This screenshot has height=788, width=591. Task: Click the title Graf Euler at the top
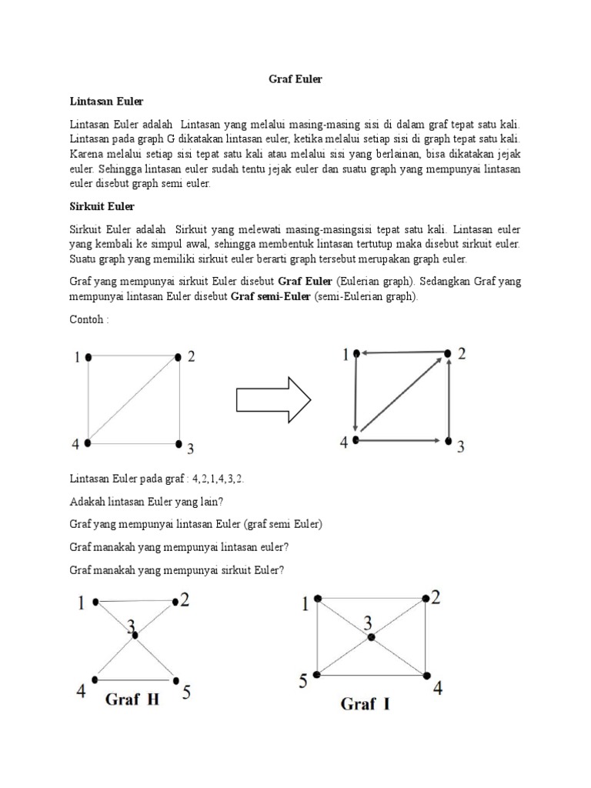[295, 79]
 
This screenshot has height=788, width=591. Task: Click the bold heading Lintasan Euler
[107, 102]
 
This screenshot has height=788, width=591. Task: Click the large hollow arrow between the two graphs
[272, 399]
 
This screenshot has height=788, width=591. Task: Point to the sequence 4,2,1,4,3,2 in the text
[218, 479]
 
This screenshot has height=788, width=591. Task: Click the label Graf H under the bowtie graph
[132, 700]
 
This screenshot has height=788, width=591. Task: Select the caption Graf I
[364, 704]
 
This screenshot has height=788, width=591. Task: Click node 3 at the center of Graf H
[135, 635]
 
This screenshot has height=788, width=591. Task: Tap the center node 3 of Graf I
[371, 637]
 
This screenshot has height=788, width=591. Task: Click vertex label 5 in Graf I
[303, 680]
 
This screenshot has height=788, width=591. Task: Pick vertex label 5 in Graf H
[186, 692]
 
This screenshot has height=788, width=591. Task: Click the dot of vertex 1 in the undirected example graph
[89, 357]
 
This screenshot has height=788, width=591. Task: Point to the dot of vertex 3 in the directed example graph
[448, 441]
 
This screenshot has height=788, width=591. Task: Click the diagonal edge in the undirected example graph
[134, 400]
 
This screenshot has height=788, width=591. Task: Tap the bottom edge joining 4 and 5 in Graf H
[135, 680]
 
